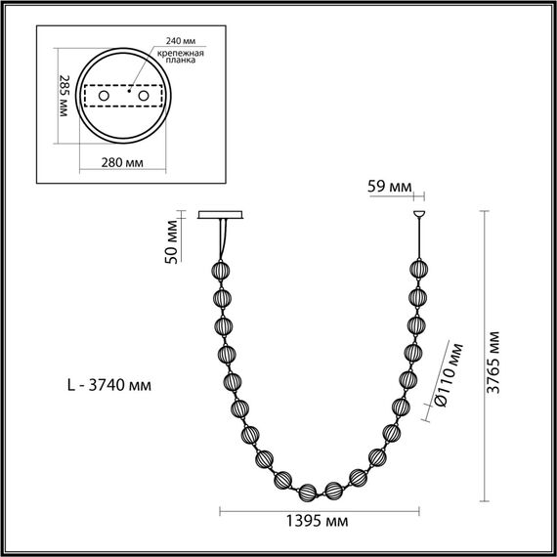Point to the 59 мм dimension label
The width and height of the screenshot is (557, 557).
pyautogui.click(x=390, y=186)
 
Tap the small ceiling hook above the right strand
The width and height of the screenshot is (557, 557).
pyautogui.click(x=420, y=214)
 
